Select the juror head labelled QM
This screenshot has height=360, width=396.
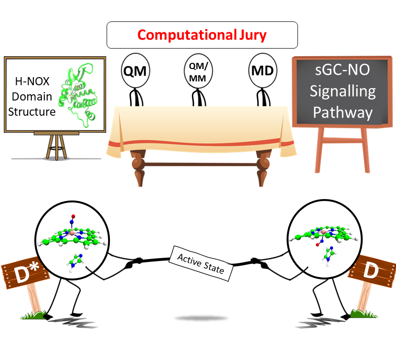tap(135, 71)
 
